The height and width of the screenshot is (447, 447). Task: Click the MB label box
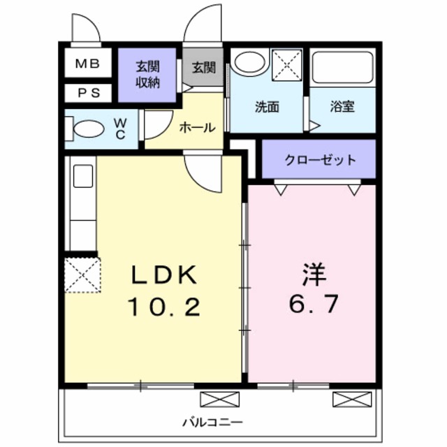(88, 64)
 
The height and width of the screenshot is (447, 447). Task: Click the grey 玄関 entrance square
(203, 68)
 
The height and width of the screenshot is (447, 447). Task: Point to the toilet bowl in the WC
(89, 129)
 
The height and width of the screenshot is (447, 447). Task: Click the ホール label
(198, 127)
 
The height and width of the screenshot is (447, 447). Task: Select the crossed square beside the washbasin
(286, 65)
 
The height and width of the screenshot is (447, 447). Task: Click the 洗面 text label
(266, 108)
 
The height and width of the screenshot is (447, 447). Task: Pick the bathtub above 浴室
(342, 67)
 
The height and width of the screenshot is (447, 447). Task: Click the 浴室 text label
(342, 108)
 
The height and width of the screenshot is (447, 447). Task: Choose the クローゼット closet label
(319, 160)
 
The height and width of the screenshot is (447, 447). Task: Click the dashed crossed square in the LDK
(82, 274)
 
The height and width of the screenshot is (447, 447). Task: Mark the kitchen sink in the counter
(83, 175)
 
